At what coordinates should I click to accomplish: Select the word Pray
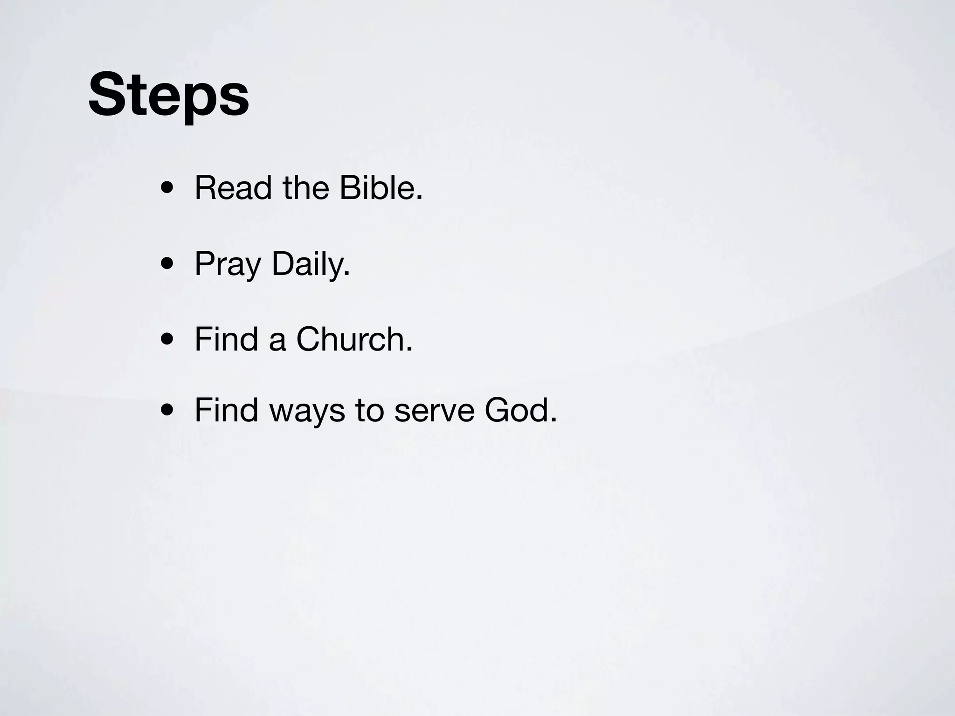[228, 265]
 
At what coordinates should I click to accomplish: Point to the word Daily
[308, 265]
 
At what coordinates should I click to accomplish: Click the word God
[517, 410]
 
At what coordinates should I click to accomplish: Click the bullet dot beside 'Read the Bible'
[167, 190]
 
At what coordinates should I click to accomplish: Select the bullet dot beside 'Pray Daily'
[167, 265]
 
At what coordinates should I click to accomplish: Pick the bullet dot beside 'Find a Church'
[167, 340]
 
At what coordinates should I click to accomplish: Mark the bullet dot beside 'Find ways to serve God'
[167, 411]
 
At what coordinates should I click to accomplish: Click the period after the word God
[554, 420]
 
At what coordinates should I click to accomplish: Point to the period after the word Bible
[419, 198]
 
